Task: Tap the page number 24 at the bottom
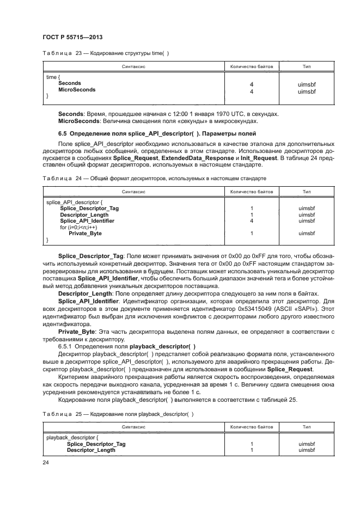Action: click(45, 462)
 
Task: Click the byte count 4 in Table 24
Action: click(252, 221)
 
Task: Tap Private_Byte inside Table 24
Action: click(85, 234)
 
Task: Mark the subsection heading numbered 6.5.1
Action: click(126, 346)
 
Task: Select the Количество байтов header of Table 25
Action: click(252, 427)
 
